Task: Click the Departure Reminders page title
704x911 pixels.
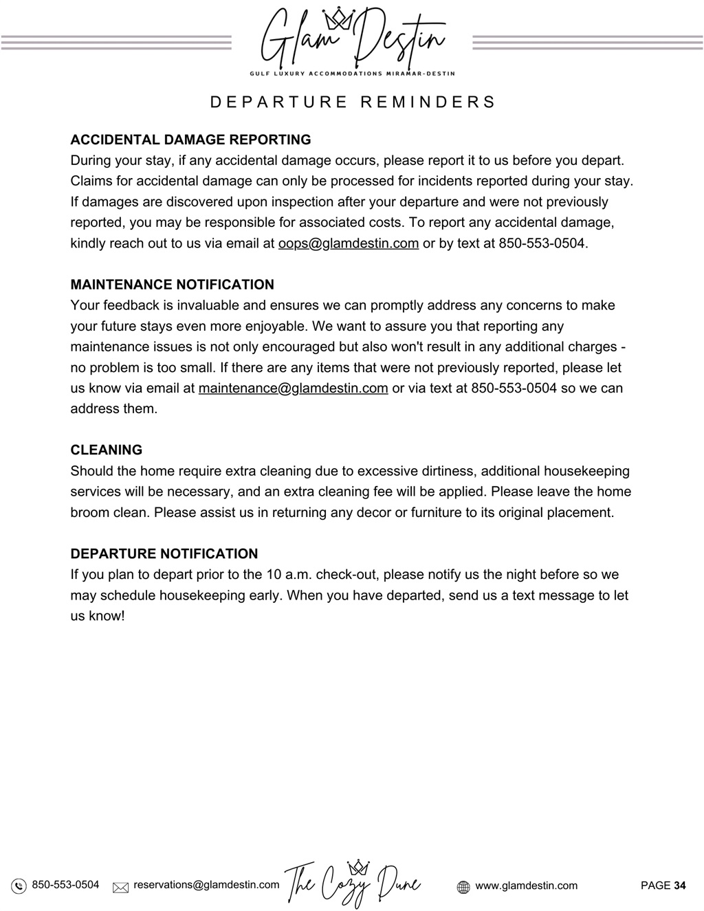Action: [x=353, y=102]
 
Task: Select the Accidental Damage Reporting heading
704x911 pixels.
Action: [x=190, y=140]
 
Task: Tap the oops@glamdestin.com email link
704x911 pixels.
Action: [x=348, y=243]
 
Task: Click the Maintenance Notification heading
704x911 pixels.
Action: [x=172, y=285]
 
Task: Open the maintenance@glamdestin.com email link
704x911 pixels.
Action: [x=293, y=388]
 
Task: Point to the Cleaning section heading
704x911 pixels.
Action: [x=106, y=450]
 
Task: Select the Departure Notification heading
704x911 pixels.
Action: [x=164, y=553]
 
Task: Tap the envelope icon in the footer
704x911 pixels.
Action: [x=120, y=887]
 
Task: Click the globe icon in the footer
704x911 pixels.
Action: [x=463, y=887]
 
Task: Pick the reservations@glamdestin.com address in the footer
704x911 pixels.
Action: [x=206, y=885]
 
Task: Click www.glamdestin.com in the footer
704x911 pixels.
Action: [x=526, y=886]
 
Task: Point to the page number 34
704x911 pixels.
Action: [x=679, y=886]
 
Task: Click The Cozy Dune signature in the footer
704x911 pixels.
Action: [x=352, y=883]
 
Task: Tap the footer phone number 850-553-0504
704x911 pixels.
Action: [x=65, y=885]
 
